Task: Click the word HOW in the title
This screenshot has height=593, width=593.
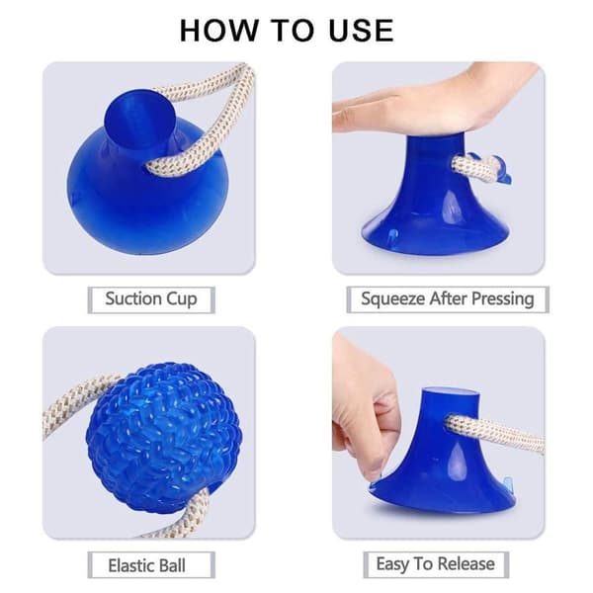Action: (218, 31)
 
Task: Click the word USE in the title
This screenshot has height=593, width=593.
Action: (361, 31)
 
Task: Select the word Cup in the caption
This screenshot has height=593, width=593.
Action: (182, 299)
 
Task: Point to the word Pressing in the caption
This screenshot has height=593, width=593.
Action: (503, 299)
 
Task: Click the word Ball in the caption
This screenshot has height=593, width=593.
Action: (172, 565)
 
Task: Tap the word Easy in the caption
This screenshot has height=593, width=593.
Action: (392, 564)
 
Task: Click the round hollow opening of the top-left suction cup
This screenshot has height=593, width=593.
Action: (138, 119)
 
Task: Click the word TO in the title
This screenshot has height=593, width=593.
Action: (294, 31)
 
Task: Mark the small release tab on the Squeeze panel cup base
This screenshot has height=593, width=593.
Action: (393, 236)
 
